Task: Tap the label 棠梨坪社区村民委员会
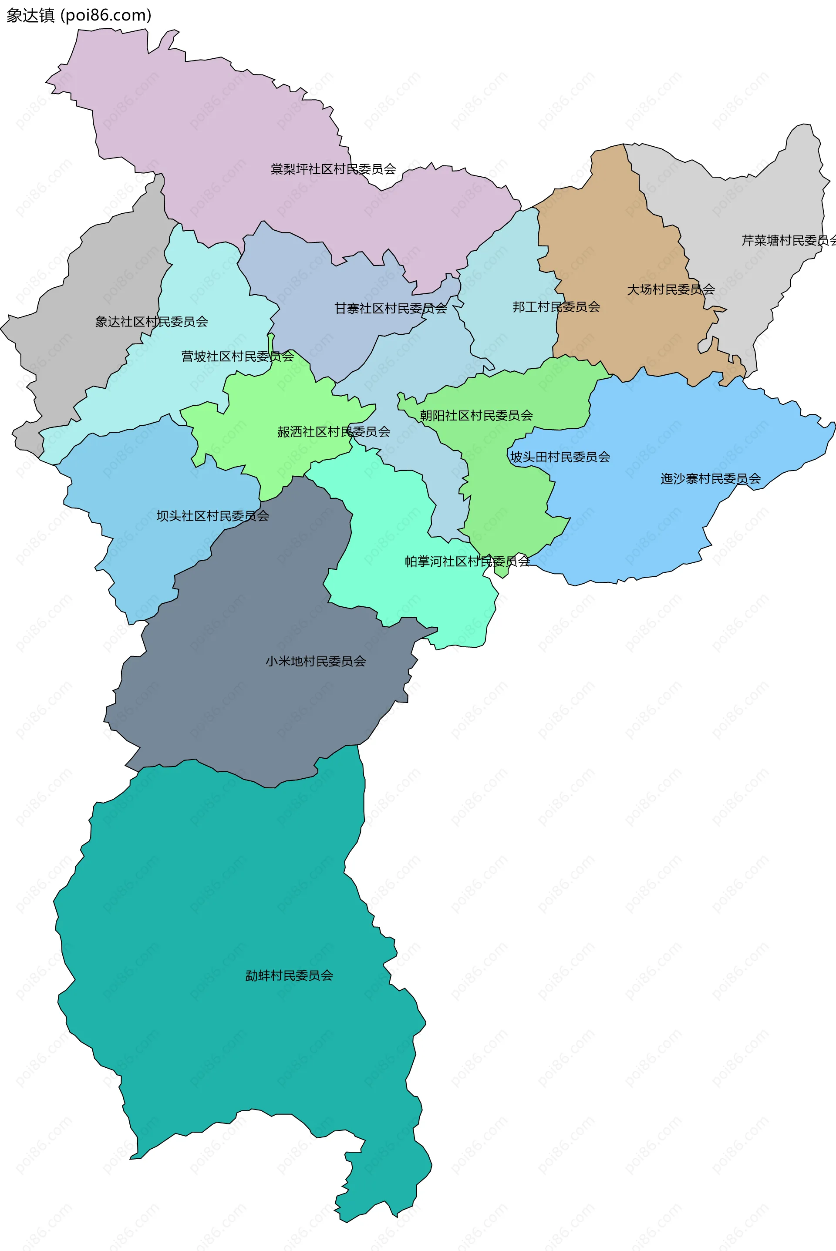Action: (x=333, y=169)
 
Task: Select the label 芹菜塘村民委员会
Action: (x=788, y=240)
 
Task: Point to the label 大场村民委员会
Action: (x=671, y=289)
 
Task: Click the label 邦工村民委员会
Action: (x=556, y=306)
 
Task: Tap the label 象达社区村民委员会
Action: (x=152, y=321)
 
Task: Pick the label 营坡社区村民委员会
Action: (x=237, y=356)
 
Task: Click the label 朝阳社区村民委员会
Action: (x=476, y=415)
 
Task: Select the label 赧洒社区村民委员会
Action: (x=334, y=432)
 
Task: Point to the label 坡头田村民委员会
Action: (x=560, y=457)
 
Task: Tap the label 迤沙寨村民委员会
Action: (x=711, y=479)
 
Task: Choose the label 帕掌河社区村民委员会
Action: (x=467, y=561)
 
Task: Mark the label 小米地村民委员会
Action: (x=316, y=661)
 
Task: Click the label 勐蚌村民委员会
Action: (x=289, y=975)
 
